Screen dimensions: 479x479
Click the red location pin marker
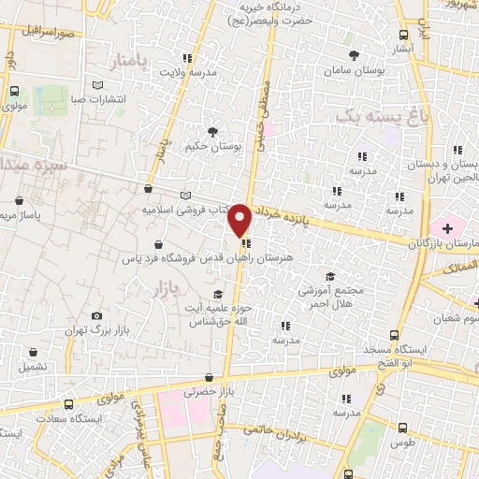[240, 219]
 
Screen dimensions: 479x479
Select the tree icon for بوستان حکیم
[213, 132]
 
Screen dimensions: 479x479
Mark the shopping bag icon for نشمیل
[35, 354]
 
